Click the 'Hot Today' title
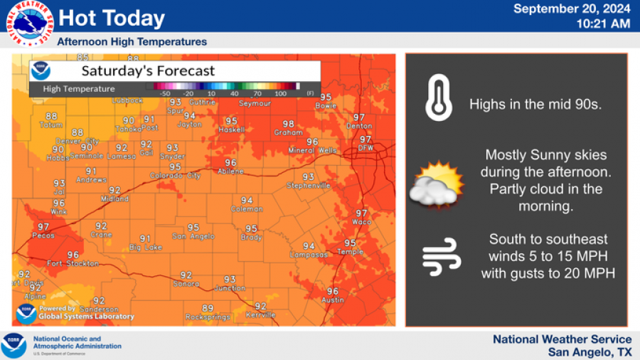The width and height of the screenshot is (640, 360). pos(111,18)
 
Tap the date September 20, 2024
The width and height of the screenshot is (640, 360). pos(571,9)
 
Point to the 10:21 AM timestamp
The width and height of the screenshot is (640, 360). pos(602,23)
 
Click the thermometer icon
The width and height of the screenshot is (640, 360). pos(439,99)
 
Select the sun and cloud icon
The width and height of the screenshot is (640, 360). pos(437,185)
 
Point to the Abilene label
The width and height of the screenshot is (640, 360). pos(230,171)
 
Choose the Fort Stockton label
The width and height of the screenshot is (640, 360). pos(73,264)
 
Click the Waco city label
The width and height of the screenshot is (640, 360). pos(361,222)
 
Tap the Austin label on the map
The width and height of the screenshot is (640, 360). pos(333,300)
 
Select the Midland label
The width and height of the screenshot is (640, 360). pos(114,199)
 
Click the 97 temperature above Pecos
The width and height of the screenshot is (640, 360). pos(43,226)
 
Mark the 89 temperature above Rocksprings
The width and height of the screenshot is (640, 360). pos(208,307)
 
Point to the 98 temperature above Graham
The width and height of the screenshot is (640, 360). pos(288,124)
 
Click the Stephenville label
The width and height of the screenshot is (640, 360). pos(308,186)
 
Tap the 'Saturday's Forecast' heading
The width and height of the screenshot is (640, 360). pos(148,70)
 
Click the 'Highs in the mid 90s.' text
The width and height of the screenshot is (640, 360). pos(535,105)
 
